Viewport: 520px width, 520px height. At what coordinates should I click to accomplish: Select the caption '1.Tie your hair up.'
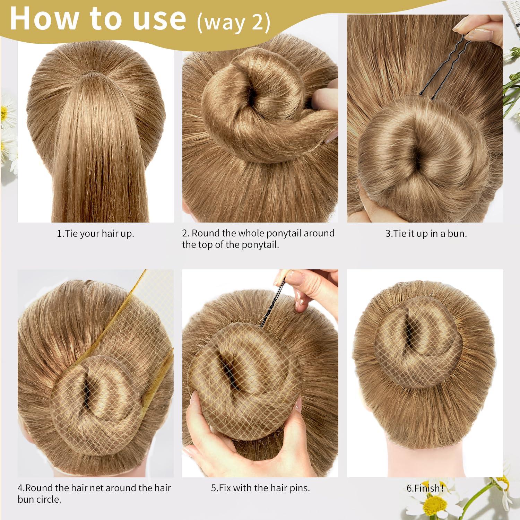[x=95, y=234]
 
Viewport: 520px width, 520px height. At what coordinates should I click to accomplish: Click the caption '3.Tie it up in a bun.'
[x=426, y=234]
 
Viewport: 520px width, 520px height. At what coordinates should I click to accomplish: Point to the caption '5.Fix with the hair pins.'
[x=260, y=488]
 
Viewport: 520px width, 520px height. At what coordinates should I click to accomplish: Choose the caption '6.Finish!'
[x=425, y=488]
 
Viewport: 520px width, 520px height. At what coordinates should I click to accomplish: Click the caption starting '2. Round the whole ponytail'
[x=258, y=239]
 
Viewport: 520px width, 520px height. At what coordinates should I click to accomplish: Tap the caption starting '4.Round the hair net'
[x=94, y=494]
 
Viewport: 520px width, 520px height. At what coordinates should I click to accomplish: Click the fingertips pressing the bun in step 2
[x=324, y=101]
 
